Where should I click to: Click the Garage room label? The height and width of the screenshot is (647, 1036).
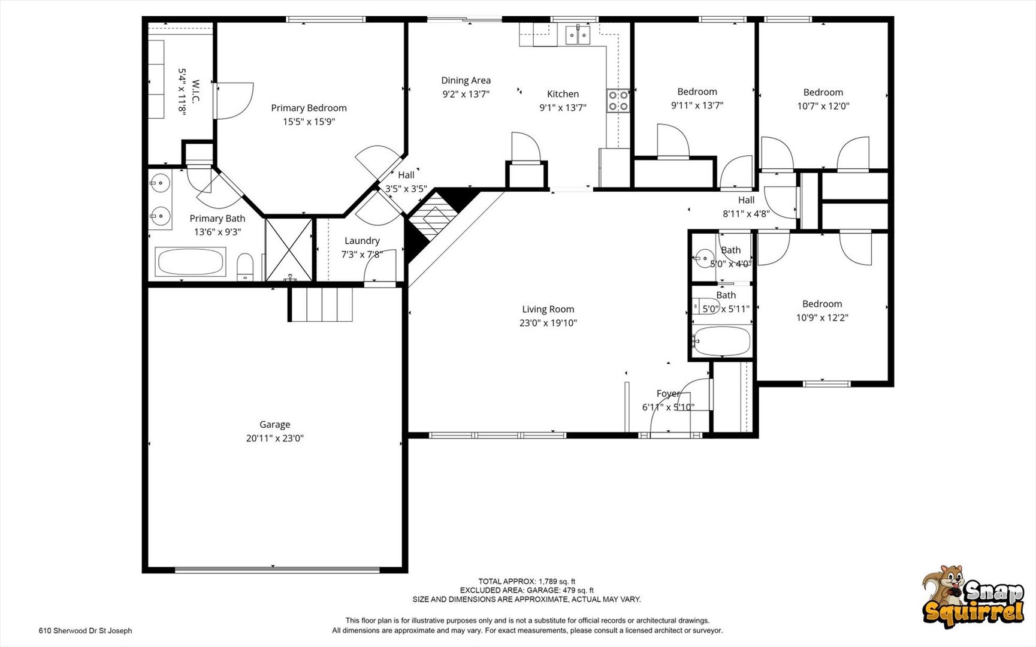click(x=274, y=424)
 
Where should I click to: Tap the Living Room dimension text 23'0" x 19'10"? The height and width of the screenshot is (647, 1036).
click(x=548, y=323)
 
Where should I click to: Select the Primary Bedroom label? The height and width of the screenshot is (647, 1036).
click(x=309, y=108)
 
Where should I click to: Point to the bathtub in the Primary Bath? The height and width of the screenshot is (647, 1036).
click(x=191, y=262)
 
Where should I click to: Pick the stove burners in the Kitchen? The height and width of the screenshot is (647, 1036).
click(x=618, y=101)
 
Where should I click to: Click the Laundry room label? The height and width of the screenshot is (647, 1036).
click(x=362, y=240)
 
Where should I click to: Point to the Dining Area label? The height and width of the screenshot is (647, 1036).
click(x=466, y=80)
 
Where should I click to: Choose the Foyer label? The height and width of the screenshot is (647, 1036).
click(x=668, y=394)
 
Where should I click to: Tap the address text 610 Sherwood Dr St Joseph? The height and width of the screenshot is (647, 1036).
click(x=86, y=630)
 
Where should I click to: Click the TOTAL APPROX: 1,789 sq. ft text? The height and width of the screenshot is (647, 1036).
click(x=527, y=581)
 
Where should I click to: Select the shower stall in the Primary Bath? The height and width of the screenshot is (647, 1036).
click(x=289, y=249)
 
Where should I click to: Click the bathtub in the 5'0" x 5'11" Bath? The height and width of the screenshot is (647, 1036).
click(x=721, y=341)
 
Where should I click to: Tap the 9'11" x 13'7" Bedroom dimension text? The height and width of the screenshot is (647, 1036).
click(x=697, y=105)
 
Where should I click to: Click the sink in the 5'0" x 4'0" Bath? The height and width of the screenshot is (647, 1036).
click(x=705, y=259)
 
